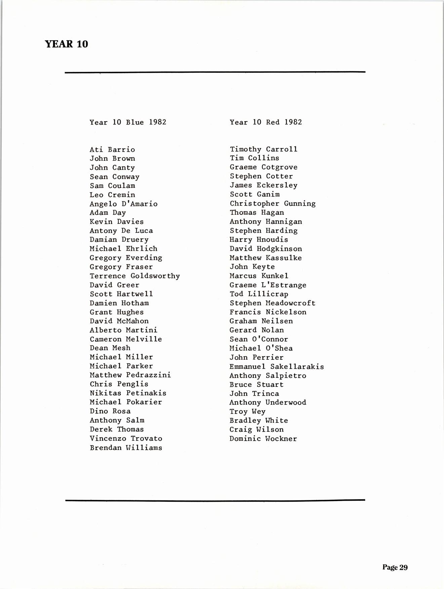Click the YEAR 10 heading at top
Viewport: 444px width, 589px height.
[66, 44]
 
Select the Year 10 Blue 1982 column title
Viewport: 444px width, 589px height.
[128, 122]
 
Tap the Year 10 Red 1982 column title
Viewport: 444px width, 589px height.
[266, 122]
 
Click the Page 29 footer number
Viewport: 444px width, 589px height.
[395, 567]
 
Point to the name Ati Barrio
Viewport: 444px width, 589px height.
[112, 150]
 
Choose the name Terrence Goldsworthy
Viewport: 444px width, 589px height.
[135, 276]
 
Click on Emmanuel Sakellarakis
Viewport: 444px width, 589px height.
[277, 367]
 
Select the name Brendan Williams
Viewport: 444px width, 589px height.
[126, 448]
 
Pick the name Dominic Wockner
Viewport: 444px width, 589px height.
[263, 439]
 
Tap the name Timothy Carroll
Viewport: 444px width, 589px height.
[264, 149]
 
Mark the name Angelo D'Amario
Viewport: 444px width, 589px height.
[123, 204]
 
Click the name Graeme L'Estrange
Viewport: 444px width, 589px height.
[268, 285]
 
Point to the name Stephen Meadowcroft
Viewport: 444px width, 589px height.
[273, 303]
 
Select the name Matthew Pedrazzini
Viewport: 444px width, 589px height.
[130, 375]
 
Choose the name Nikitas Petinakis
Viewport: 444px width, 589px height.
[128, 393]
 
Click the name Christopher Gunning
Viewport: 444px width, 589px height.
[273, 203]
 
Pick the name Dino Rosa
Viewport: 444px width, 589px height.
[110, 411]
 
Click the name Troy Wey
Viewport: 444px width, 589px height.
[247, 412]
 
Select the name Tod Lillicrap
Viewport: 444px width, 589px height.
[259, 294]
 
